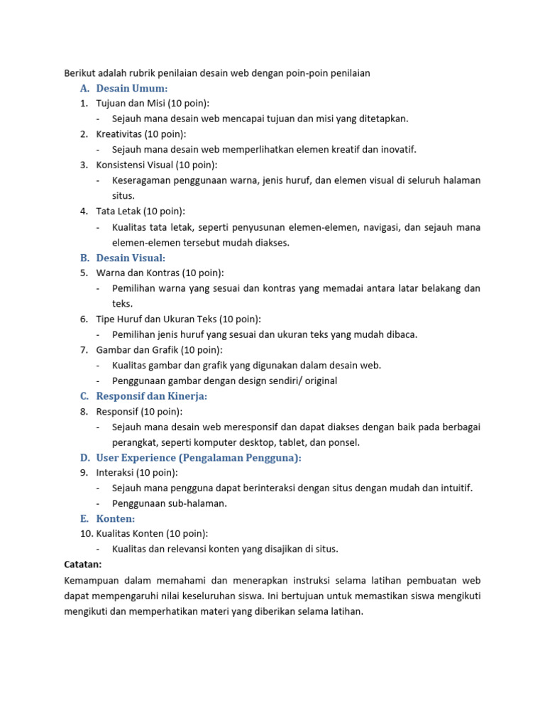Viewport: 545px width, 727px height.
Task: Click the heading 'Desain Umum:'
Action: tap(132, 88)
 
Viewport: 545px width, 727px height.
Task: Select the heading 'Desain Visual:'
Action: tap(131, 258)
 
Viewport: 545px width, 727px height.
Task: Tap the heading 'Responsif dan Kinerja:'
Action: tap(152, 396)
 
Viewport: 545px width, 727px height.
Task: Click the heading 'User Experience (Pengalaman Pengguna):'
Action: tap(199, 458)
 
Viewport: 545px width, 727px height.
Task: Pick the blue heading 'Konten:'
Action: tap(116, 519)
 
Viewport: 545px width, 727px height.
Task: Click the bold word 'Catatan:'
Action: tap(83, 564)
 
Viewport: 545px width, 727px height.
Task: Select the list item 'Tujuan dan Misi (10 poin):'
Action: tap(153, 104)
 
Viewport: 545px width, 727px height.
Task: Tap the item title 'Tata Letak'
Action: tap(119, 212)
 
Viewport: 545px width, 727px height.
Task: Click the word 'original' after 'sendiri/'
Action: tap(319, 381)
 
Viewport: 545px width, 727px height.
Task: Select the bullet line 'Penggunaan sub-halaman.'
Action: tap(170, 503)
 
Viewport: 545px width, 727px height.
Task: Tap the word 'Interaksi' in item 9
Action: tap(116, 473)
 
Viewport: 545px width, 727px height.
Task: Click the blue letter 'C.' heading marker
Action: tap(84, 396)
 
